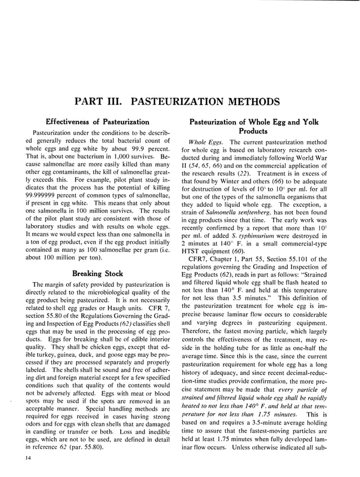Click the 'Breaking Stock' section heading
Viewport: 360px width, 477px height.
(x=98, y=274)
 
